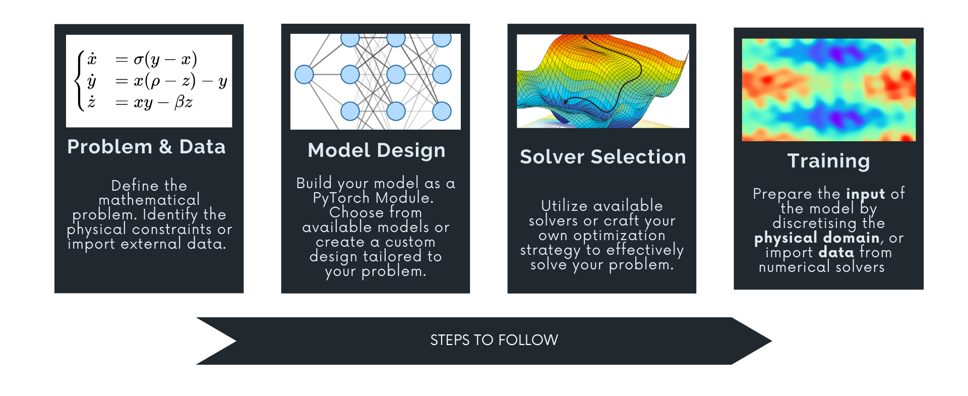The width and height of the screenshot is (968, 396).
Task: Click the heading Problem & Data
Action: (x=146, y=147)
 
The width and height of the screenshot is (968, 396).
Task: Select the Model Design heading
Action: (x=376, y=150)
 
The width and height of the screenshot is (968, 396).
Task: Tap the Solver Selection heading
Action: (x=602, y=157)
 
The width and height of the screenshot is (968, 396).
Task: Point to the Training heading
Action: (x=828, y=161)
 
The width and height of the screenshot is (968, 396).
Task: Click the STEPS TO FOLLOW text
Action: (x=494, y=340)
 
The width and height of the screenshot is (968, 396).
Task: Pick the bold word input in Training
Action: (x=865, y=194)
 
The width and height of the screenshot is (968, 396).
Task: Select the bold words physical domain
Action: (x=817, y=238)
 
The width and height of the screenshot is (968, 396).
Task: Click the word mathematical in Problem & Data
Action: (x=149, y=200)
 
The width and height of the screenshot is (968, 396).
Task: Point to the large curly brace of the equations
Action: (x=79, y=81)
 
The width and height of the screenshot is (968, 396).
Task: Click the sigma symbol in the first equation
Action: (x=138, y=60)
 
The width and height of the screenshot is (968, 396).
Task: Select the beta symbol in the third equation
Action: (x=180, y=103)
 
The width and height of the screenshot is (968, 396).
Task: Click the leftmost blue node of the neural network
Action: (x=304, y=75)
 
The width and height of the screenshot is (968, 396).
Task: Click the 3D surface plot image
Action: (x=602, y=81)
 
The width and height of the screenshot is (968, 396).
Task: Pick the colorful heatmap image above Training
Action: (x=828, y=89)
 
